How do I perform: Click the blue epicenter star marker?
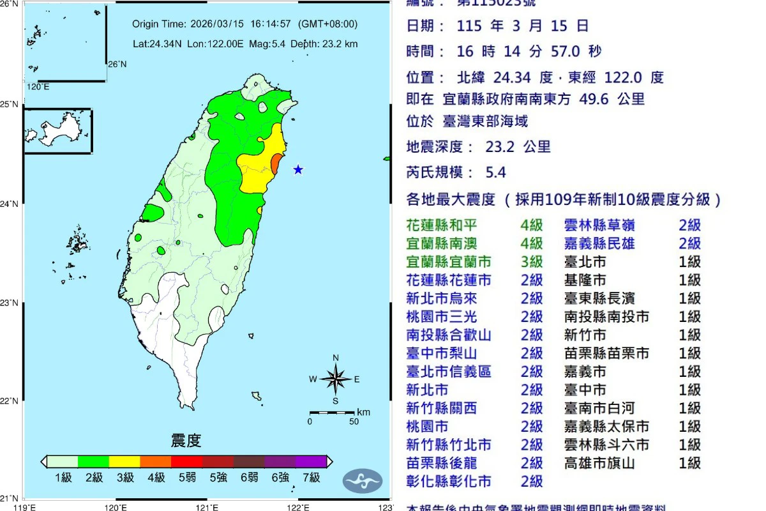tap(298, 169)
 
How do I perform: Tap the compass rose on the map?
tap(336, 379)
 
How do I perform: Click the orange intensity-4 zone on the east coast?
tap(275, 164)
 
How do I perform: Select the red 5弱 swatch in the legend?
tap(187, 461)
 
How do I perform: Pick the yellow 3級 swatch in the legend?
tap(124, 461)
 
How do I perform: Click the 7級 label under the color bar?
tap(311, 477)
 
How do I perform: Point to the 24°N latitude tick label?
tap(11, 204)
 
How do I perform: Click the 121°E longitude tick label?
tap(206, 507)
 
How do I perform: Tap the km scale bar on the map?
tap(331, 413)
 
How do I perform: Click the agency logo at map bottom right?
tap(362, 480)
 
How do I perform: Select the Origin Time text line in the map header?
tap(244, 24)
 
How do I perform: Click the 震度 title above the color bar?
tap(186, 440)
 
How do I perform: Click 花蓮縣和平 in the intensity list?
tap(442, 225)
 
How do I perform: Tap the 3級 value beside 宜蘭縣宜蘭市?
tap(531, 262)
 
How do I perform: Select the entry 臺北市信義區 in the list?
tap(449, 372)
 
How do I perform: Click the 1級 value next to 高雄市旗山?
tap(689, 463)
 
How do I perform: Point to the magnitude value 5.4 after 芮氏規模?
tap(495, 172)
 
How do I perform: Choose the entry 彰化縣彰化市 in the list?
tap(449, 482)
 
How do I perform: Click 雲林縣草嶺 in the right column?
tap(599, 225)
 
